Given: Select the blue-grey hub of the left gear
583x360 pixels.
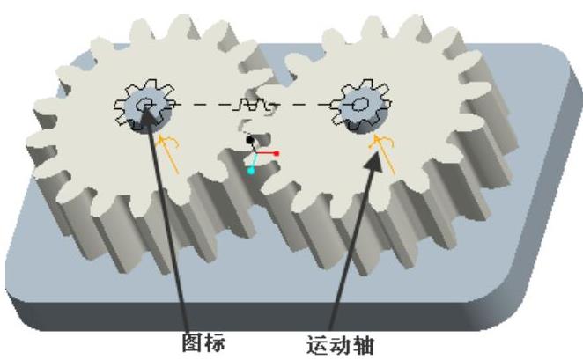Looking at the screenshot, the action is [x=145, y=107].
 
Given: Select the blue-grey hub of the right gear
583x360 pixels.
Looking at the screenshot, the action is [x=361, y=107].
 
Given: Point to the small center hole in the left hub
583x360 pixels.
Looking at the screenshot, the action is [x=145, y=106].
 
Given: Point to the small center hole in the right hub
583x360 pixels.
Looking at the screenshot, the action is [x=361, y=104].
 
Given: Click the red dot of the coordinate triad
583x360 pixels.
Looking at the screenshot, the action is [x=277, y=153].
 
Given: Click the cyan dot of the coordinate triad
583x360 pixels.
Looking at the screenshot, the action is [x=251, y=170].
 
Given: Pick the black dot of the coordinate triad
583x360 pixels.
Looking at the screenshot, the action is [x=250, y=139].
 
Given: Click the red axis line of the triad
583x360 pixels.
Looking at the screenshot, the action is [x=266, y=154].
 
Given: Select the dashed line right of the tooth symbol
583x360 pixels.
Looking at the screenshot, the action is [x=304, y=105].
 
